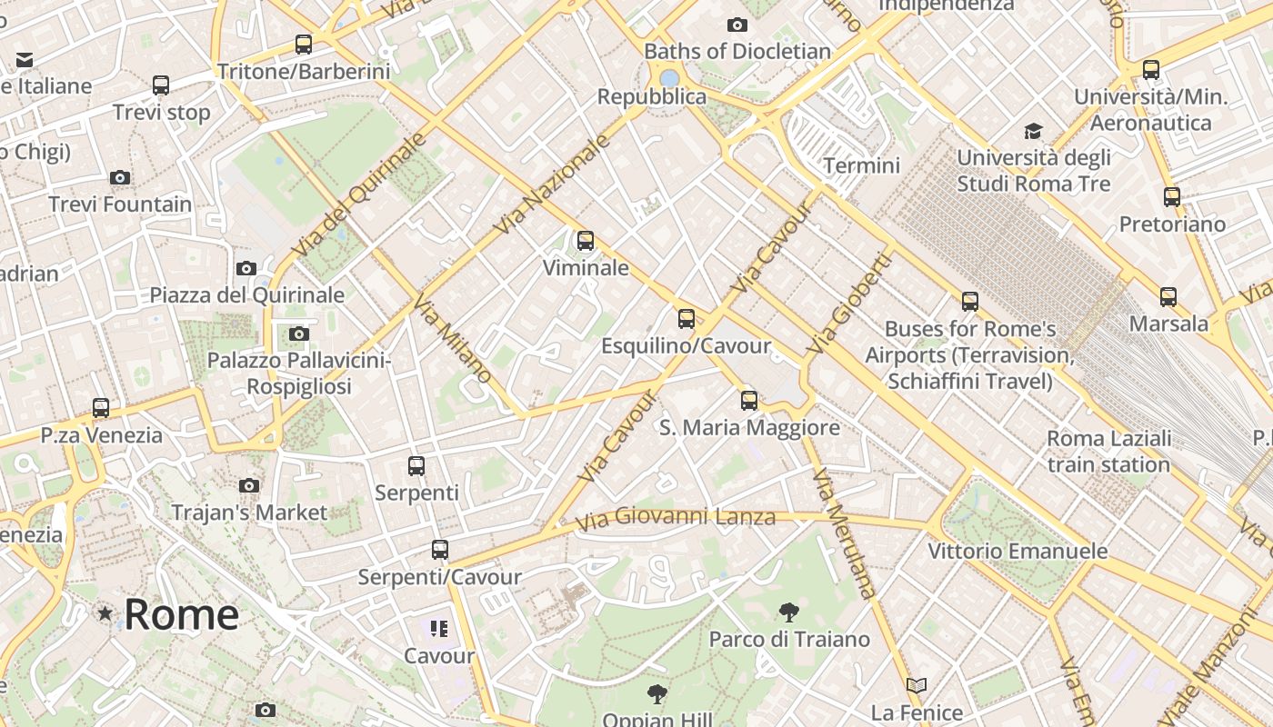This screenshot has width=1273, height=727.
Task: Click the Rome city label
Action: [181, 614]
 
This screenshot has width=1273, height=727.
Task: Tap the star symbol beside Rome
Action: [105, 614]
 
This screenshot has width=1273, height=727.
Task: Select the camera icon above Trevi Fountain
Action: [120, 177]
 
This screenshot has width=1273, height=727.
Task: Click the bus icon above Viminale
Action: [586, 241]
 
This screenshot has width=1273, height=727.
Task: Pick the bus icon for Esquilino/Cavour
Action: [687, 319]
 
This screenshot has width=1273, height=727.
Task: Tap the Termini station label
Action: [861, 165]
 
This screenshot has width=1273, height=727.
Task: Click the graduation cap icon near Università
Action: [1033, 131]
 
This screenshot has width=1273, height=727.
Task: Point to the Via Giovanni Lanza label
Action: [676, 518]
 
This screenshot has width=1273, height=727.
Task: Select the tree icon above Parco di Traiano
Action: [788, 612]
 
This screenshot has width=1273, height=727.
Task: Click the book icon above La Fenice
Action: [917, 685]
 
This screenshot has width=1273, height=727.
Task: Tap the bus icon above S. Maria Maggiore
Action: [749, 400]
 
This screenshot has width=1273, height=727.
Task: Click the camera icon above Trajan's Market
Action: [249, 485]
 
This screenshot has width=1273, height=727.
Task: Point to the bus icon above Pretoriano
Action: [1172, 196]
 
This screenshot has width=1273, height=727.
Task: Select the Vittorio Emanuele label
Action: [1017, 551]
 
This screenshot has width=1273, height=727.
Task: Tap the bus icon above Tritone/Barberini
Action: [304, 44]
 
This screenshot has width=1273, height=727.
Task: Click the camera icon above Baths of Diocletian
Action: [737, 25]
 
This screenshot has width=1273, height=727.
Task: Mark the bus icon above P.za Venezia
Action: [101, 408]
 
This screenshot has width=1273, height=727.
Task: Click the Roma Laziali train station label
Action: [1108, 452]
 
